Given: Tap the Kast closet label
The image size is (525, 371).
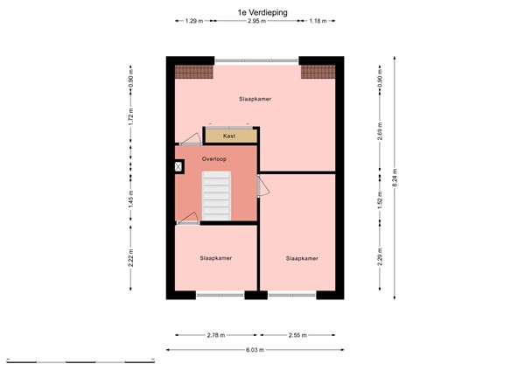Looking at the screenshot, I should [x=229, y=136].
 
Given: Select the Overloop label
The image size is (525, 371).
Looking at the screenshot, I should [x=214, y=159].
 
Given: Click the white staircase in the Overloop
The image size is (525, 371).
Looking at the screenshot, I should [x=216, y=195].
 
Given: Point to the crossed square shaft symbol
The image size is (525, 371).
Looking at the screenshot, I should [x=179, y=166].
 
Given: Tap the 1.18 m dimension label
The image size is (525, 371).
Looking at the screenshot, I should [x=316, y=21].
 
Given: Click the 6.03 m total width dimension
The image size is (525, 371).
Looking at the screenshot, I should [x=255, y=349].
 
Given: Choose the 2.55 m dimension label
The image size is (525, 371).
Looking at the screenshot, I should [x=297, y=334].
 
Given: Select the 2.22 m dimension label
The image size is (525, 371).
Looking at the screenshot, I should [x=130, y=259].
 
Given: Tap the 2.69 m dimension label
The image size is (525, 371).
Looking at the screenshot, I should [x=379, y=133].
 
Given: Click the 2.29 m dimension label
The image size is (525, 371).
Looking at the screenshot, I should [x=379, y=260].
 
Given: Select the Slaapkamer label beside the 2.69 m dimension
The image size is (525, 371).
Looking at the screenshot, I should [x=255, y=99].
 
